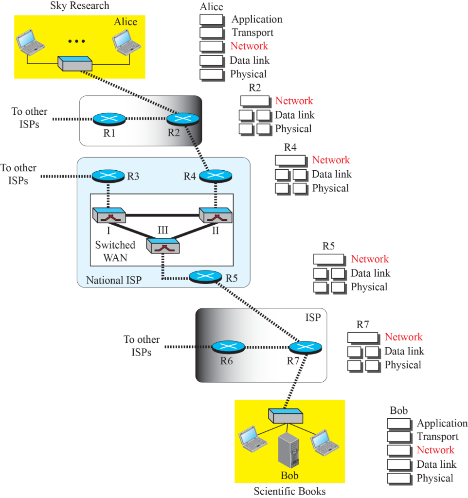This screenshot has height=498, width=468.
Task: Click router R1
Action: click(109, 119)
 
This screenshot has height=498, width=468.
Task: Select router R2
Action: click(183, 119)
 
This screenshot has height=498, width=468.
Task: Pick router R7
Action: click(306, 347)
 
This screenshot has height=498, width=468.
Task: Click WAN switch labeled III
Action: click(163, 246)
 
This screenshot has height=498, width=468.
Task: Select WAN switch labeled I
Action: click(109, 214)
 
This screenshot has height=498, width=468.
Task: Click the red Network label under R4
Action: click(331, 160)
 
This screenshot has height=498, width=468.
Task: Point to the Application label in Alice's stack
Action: click(257, 19)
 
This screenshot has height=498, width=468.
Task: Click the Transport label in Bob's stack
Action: click(437, 437)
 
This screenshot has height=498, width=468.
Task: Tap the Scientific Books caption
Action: click(289, 491)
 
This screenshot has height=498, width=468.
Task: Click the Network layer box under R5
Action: click(328, 259)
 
